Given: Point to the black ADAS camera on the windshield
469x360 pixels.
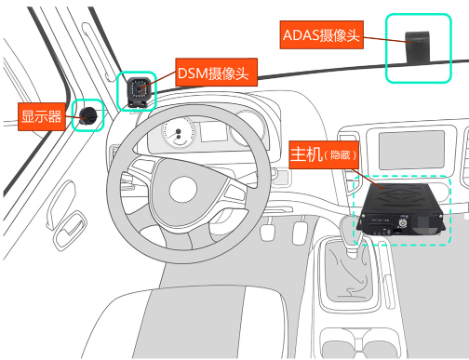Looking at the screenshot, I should pyautogui.click(x=416, y=45).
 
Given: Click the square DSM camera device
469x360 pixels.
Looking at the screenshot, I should pyautogui.click(x=140, y=91).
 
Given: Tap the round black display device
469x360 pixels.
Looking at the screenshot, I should pyautogui.click(x=89, y=114).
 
